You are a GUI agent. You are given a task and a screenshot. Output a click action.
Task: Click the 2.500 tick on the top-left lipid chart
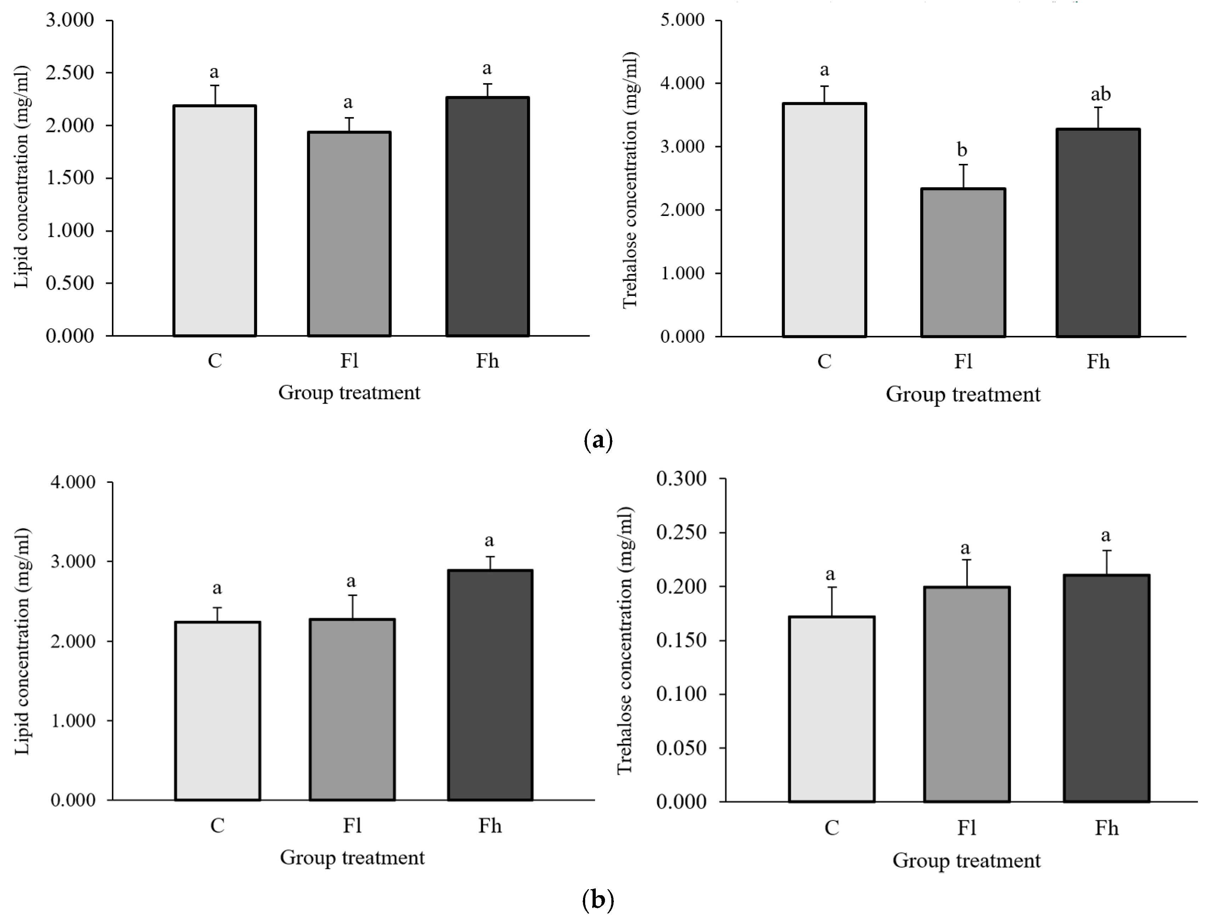(x=70, y=72)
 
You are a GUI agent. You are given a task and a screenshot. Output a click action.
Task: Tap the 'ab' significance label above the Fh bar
(x=1100, y=94)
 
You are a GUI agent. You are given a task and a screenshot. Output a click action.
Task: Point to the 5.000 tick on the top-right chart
(x=682, y=20)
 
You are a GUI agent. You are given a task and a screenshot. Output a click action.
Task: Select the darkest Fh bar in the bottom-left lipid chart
(x=490, y=685)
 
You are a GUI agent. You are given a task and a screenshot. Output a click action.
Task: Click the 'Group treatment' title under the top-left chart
(x=349, y=393)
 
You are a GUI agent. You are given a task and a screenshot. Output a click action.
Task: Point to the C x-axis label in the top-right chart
(x=824, y=361)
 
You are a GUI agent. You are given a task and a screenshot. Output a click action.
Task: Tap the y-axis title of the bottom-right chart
(x=625, y=640)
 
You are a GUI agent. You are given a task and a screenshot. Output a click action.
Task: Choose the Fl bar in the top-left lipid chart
(x=349, y=234)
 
